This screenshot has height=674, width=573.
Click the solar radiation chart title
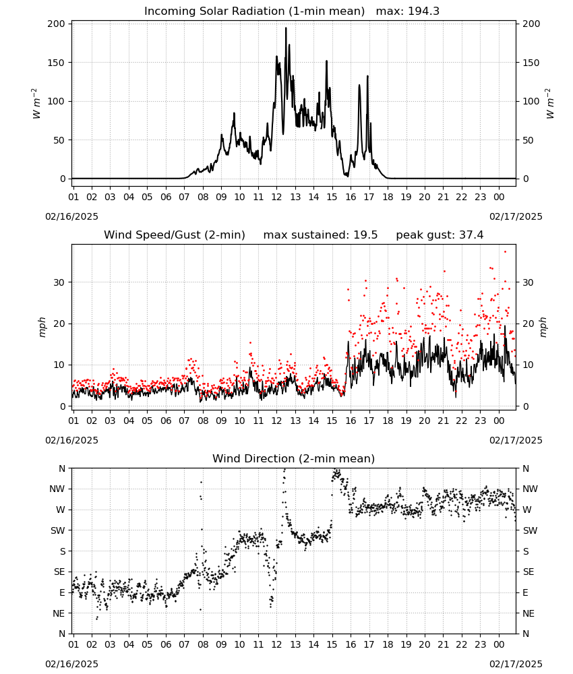[292, 11]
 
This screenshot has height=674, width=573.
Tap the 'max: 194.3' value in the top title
[408, 11]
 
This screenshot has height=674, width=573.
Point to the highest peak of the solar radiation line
[286, 28]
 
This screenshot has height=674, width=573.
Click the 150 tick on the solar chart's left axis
[57, 63]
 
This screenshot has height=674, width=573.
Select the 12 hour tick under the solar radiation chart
[276, 197]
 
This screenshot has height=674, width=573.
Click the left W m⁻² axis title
[36, 104]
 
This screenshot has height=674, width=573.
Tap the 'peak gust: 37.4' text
[440, 235]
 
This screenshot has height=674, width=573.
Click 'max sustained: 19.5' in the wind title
[321, 235]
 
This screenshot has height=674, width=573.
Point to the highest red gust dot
[505, 252]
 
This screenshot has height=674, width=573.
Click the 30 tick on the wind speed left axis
[59, 282]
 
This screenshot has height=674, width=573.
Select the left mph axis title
[42, 327]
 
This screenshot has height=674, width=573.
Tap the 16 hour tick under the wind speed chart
[351, 421]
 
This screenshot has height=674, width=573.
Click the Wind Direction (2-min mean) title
[294, 458]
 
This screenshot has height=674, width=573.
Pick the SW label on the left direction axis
[58, 530]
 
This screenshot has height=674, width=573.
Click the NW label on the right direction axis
[530, 489]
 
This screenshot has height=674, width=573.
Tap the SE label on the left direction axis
[59, 572]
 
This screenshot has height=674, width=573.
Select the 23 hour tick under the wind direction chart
[480, 644]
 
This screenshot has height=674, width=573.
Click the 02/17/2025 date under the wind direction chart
[516, 664]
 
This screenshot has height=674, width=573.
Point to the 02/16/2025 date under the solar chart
[71, 216]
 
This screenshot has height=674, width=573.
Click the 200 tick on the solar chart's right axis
[531, 24]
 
